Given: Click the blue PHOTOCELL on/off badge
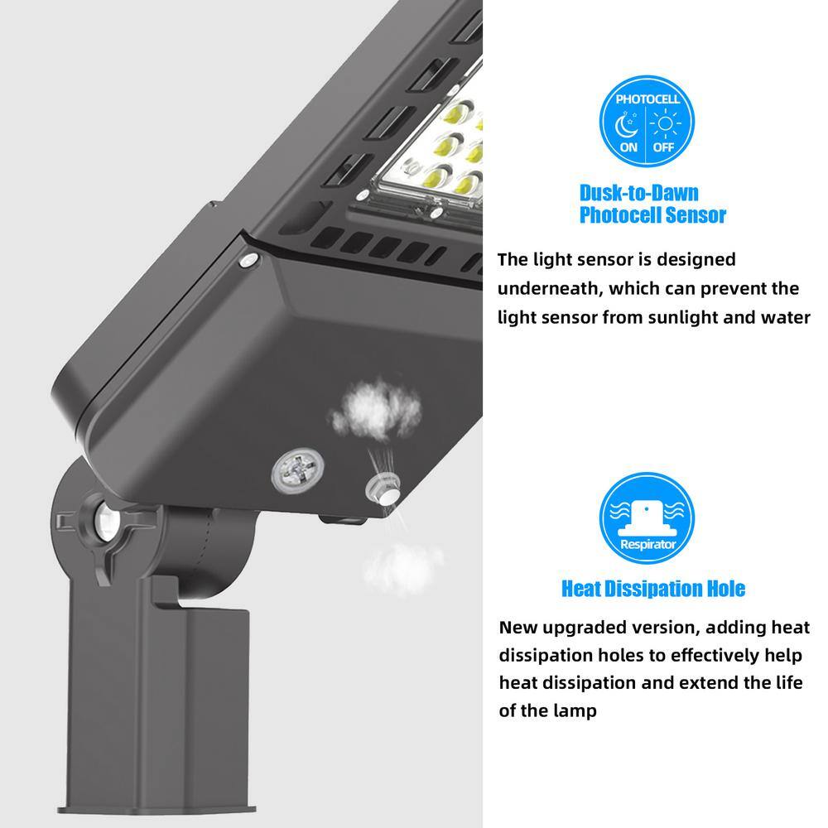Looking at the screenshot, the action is [x=647, y=122].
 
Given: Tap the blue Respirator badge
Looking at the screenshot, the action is [x=647, y=517].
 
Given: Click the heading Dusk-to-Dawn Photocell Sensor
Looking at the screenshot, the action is [x=652, y=204].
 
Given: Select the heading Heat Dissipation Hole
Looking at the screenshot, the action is [x=653, y=588].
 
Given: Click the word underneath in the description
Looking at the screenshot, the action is [x=549, y=289].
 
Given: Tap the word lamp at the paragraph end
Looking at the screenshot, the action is [x=575, y=710].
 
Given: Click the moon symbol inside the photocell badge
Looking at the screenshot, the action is [x=627, y=125].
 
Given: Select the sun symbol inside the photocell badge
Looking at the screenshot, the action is [x=666, y=123].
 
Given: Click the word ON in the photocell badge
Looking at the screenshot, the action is [x=628, y=147].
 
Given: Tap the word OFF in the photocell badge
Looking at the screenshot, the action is [x=664, y=147].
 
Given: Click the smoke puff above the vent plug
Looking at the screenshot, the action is [x=376, y=409].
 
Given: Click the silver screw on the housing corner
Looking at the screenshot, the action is [x=248, y=260].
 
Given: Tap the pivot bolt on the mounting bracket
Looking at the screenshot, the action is [x=106, y=522].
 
